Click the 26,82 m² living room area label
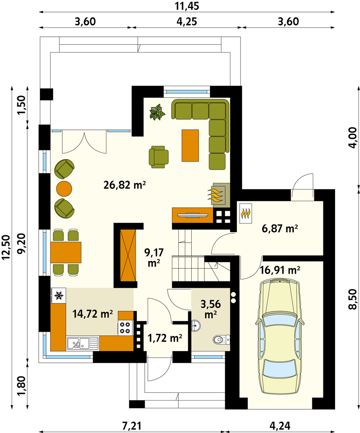[125, 185]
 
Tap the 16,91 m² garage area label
[280, 270]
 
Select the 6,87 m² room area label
[280, 229]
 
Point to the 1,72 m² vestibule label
[165, 338]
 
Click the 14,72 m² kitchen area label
[93, 314]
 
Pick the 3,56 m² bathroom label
[210, 309]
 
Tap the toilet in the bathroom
[221, 339]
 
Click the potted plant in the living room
[157, 112]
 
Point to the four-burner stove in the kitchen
[125, 328]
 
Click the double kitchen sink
[82, 344]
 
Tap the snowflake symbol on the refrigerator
[59, 296]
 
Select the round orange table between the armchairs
[64, 188]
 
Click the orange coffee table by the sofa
[190, 146]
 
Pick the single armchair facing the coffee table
[158, 157]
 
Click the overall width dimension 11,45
[187, 6]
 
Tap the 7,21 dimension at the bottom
[132, 426]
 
